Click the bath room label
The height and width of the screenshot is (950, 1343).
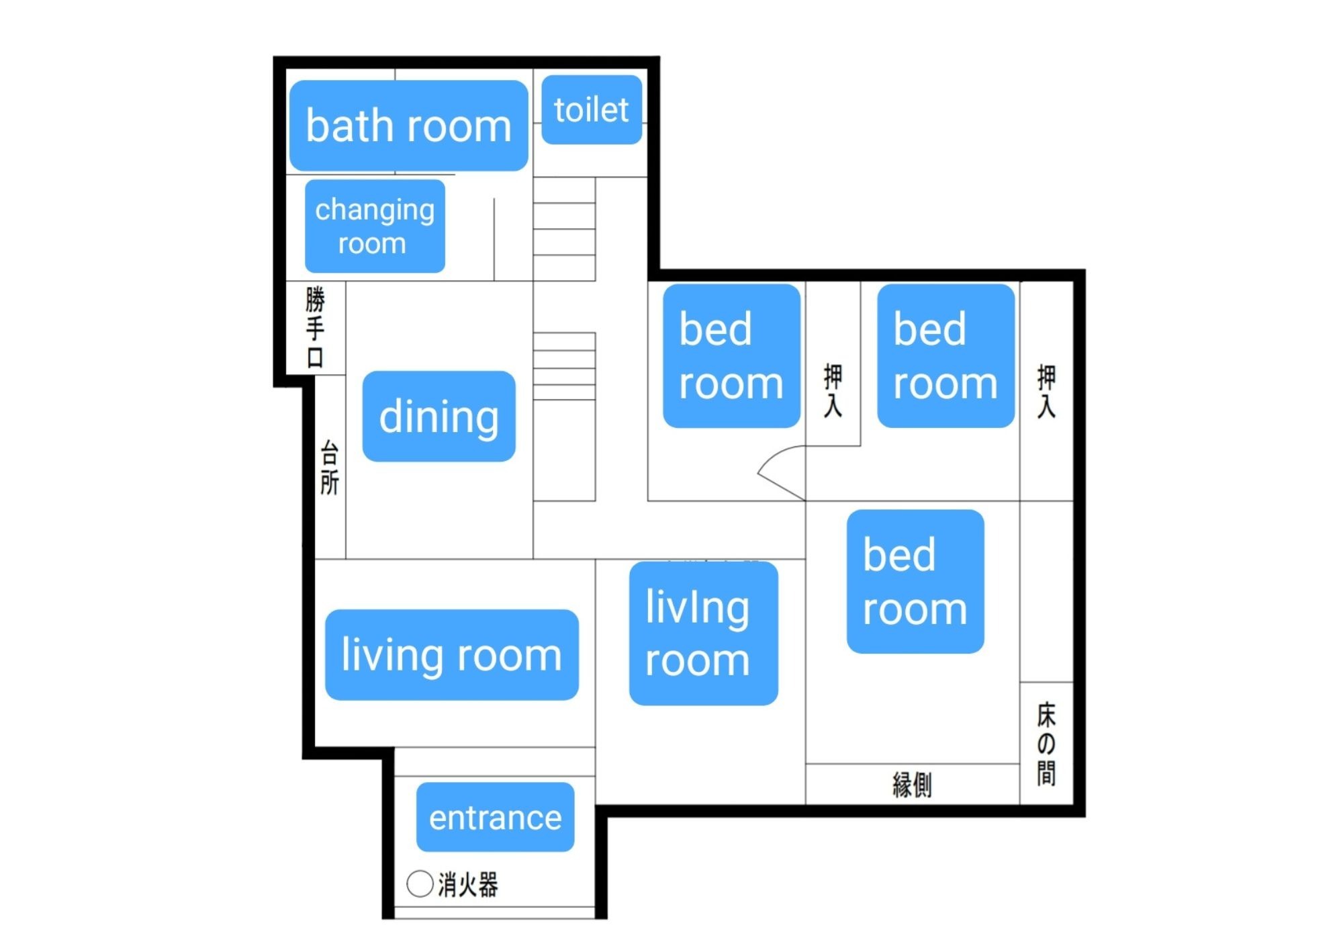pyautogui.click(x=408, y=126)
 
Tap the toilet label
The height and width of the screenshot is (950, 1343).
pyautogui.click(x=592, y=110)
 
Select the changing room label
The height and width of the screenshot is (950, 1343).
pyautogui.click(x=375, y=226)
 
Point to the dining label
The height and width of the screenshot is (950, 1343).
pyautogui.click(x=439, y=416)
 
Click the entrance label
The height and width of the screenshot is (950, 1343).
pyautogui.click(x=496, y=817)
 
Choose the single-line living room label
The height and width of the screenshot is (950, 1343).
pyautogui.click(x=452, y=655)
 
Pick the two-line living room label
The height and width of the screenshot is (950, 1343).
pyautogui.click(x=704, y=634)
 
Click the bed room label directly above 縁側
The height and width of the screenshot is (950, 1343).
pyautogui.click(x=915, y=581)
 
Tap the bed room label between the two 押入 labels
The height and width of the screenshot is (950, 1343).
pyautogui.click(x=945, y=355)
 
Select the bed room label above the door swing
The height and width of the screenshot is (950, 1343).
pyautogui.click(x=731, y=355)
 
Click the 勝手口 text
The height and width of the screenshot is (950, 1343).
pyautogui.click(x=315, y=327)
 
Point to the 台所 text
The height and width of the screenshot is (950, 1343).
pyautogui.click(x=329, y=468)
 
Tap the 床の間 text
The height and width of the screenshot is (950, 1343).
pyautogui.click(x=1046, y=744)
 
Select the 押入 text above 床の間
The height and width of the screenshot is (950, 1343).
pyautogui.click(x=1046, y=392)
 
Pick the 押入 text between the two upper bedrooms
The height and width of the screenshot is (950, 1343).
pyautogui.click(x=833, y=390)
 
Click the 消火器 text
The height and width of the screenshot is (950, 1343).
pyautogui.click(x=468, y=884)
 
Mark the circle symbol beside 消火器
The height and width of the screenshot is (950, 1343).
pyautogui.click(x=420, y=883)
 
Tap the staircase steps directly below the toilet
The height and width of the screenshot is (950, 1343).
pyautogui.click(x=564, y=229)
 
